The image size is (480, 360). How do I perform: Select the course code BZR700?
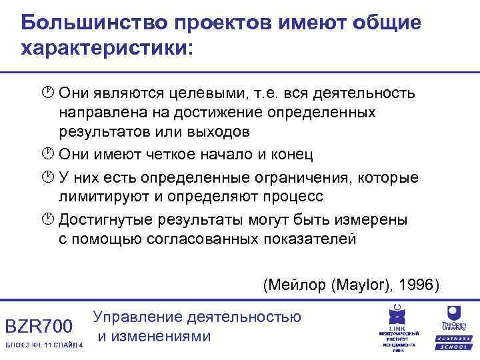39,327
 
